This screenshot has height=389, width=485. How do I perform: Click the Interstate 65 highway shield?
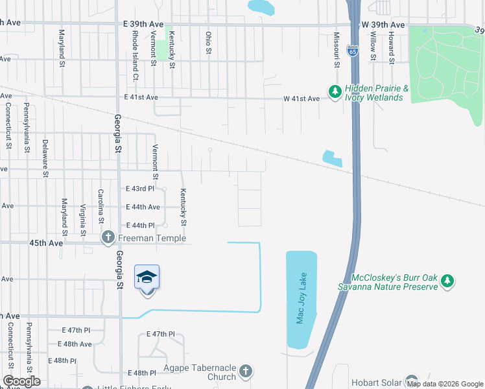click(x=351, y=50)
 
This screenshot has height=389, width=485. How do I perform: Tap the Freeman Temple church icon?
click(x=108, y=239)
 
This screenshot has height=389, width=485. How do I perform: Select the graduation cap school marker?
click(x=147, y=277)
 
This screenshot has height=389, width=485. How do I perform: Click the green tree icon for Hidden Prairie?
click(x=335, y=93)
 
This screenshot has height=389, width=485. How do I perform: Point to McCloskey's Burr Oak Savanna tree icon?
click(x=447, y=281)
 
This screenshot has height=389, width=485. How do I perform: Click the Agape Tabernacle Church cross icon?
click(x=245, y=371)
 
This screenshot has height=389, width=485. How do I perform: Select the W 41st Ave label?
click(x=302, y=99)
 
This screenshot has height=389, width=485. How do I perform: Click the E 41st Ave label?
click(x=141, y=97)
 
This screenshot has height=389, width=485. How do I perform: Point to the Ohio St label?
click(x=208, y=43)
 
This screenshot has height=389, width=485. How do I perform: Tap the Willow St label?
click(x=373, y=45)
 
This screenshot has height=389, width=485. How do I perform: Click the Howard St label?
click(x=392, y=45)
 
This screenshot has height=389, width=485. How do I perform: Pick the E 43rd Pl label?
click(x=139, y=189)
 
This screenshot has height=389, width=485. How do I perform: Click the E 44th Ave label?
click(x=142, y=207)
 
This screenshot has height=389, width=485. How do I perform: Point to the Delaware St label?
click(x=45, y=158)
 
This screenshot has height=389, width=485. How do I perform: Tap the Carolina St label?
click(x=101, y=203)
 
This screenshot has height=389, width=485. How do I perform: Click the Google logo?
click(x=21, y=381)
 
